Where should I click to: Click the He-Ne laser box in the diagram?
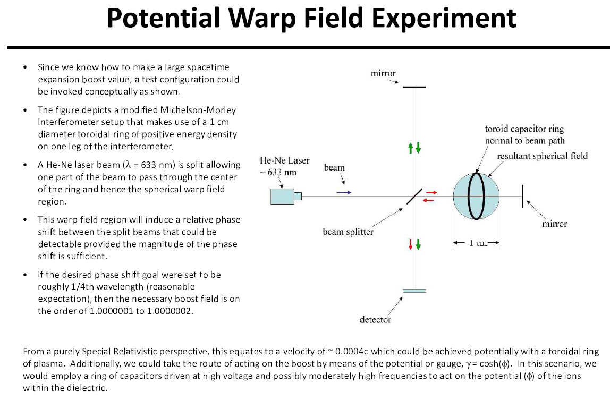point(283,196)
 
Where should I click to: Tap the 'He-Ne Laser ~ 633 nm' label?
point(284,166)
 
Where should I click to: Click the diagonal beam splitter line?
point(414,196)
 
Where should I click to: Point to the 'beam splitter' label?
point(348,232)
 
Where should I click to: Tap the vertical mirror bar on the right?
point(523,196)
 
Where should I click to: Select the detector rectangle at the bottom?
point(414,291)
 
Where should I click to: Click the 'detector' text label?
point(375,319)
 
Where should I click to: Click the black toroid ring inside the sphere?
point(476,196)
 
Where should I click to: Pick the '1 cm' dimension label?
point(477,243)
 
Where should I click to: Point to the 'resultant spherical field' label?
point(543,156)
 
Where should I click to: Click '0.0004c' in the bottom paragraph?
point(352,352)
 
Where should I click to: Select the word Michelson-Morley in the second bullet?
point(205,110)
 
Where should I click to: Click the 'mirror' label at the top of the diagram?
point(383,73)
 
